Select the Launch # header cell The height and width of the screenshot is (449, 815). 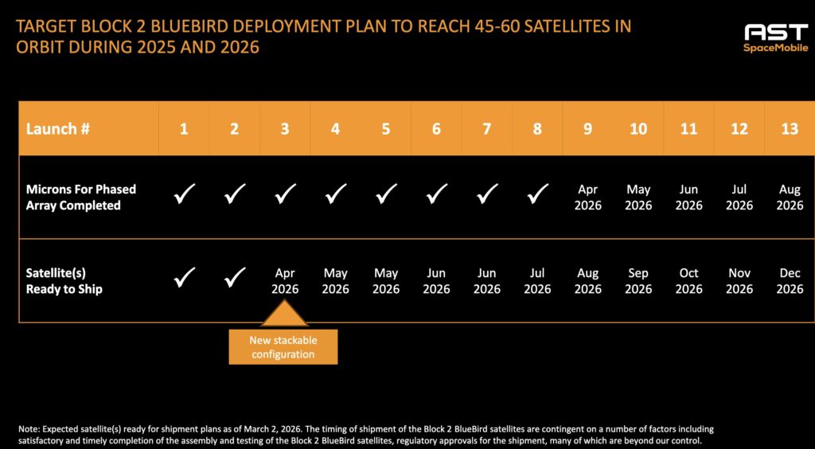(x=53, y=128)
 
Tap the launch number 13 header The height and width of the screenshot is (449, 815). (x=789, y=128)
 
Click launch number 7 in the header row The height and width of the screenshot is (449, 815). (x=486, y=128)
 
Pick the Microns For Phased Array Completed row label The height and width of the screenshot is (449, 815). (x=81, y=197)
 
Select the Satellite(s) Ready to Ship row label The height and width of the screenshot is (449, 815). (x=64, y=281)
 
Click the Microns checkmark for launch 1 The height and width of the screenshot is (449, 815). (x=184, y=194)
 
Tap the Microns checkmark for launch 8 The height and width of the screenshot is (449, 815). (x=537, y=194)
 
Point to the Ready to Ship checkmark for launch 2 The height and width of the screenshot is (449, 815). (x=234, y=278)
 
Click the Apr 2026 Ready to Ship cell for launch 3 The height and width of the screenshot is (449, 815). (x=285, y=281)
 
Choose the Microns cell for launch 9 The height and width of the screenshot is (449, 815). (x=587, y=197)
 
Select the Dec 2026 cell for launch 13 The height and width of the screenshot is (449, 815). (x=790, y=281)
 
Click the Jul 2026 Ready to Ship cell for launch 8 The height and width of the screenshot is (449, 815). (x=537, y=281)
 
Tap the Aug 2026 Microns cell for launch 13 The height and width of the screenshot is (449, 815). (x=790, y=197)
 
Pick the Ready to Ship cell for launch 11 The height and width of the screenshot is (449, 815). (x=688, y=281)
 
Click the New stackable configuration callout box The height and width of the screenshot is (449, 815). (x=283, y=347)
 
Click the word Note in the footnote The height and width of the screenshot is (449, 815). (x=29, y=429)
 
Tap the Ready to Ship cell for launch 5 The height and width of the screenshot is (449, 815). (x=386, y=281)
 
